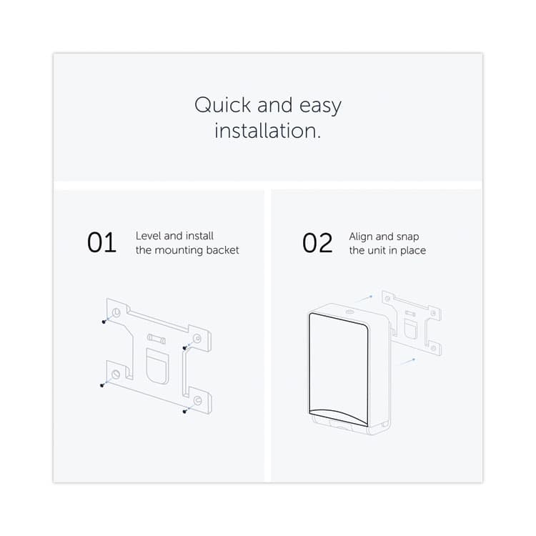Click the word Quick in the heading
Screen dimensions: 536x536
[223, 106]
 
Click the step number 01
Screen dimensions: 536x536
[101, 243]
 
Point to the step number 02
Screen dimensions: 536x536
[317, 243]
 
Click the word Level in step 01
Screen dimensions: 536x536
[148, 236]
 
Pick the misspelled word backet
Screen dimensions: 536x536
[222, 250]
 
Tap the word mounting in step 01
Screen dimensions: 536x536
[179, 251]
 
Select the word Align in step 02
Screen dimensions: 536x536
[362, 236]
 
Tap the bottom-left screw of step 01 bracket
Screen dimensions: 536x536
[103, 386]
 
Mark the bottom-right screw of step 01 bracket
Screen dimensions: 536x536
[185, 411]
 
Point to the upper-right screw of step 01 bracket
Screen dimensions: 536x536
[185, 348]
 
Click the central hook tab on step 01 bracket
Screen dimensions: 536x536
[156, 364]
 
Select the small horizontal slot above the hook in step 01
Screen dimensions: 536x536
[156, 337]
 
